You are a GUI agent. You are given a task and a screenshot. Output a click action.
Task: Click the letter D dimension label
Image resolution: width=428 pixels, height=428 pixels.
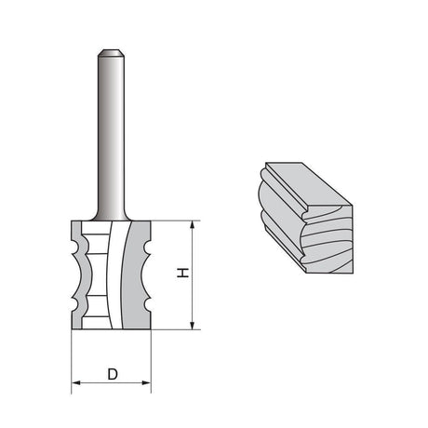(x=113, y=374)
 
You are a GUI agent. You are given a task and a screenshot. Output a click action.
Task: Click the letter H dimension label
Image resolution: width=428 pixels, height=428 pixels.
(x=183, y=273)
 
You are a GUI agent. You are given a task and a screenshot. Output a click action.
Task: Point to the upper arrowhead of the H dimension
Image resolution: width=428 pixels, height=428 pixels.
(x=193, y=225)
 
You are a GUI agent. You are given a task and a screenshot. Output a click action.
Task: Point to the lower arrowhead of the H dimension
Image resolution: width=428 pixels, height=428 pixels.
(x=193, y=325)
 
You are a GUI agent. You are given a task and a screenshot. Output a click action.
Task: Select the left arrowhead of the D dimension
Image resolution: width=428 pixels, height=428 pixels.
(x=76, y=382)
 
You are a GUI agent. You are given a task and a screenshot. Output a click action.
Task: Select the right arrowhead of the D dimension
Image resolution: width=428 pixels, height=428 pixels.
(x=146, y=382)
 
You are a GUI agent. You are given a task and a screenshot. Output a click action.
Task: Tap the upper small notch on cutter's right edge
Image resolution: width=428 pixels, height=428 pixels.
(x=146, y=248)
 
